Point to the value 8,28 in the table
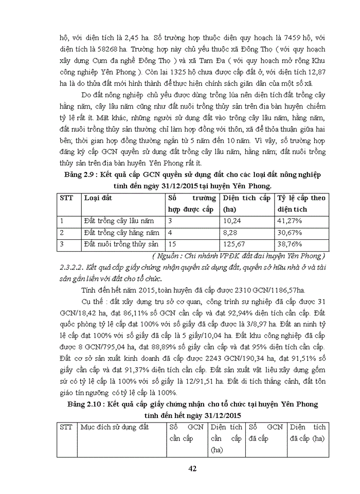[x=230, y=233]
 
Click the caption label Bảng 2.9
[x=80, y=175]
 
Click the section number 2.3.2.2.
[x=72, y=267]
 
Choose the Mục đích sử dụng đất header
[x=112, y=427]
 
